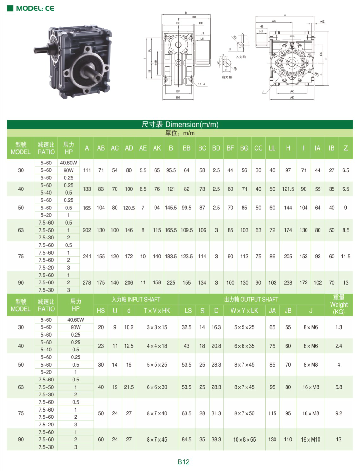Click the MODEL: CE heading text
click(35, 9)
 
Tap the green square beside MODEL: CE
click(10, 9)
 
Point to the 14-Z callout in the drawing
click(201, 84)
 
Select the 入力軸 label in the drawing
click(241, 57)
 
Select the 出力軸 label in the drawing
click(227, 77)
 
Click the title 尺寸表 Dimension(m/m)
click(180, 124)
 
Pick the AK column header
click(157, 148)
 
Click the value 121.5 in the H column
click(288, 189)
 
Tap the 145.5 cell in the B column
click(171, 208)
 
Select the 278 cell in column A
click(87, 282)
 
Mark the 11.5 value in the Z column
click(345, 257)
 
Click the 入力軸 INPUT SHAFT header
click(136, 299)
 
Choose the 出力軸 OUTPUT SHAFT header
click(251, 299)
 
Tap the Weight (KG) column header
click(339, 305)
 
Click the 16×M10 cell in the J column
click(311, 439)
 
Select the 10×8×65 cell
click(244, 439)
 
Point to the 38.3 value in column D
click(216, 439)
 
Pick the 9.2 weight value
click(338, 413)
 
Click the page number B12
click(183, 462)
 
